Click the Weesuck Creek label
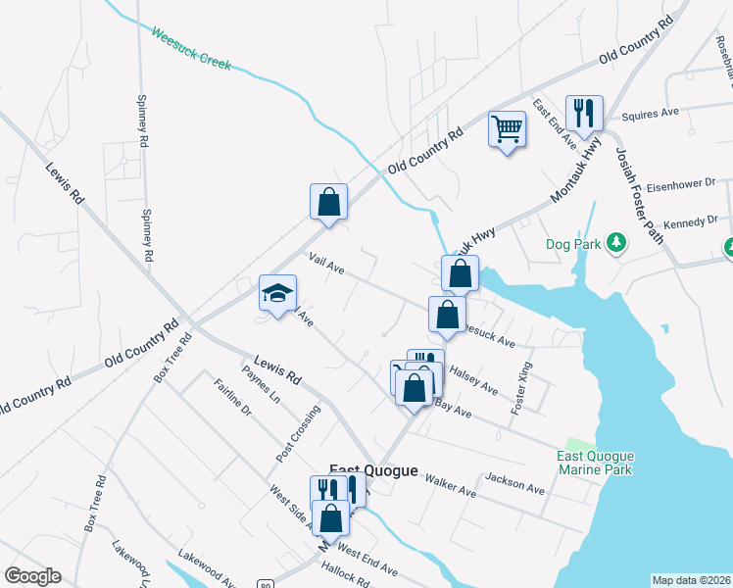point(190,48)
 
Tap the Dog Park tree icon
point(616,241)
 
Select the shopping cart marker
point(507,128)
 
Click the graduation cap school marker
point(277,293)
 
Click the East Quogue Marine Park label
point(595,463)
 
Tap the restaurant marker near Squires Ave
point(584,113)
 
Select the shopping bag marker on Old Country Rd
point(329,202)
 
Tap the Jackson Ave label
point(514,481)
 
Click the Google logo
point(33,576)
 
